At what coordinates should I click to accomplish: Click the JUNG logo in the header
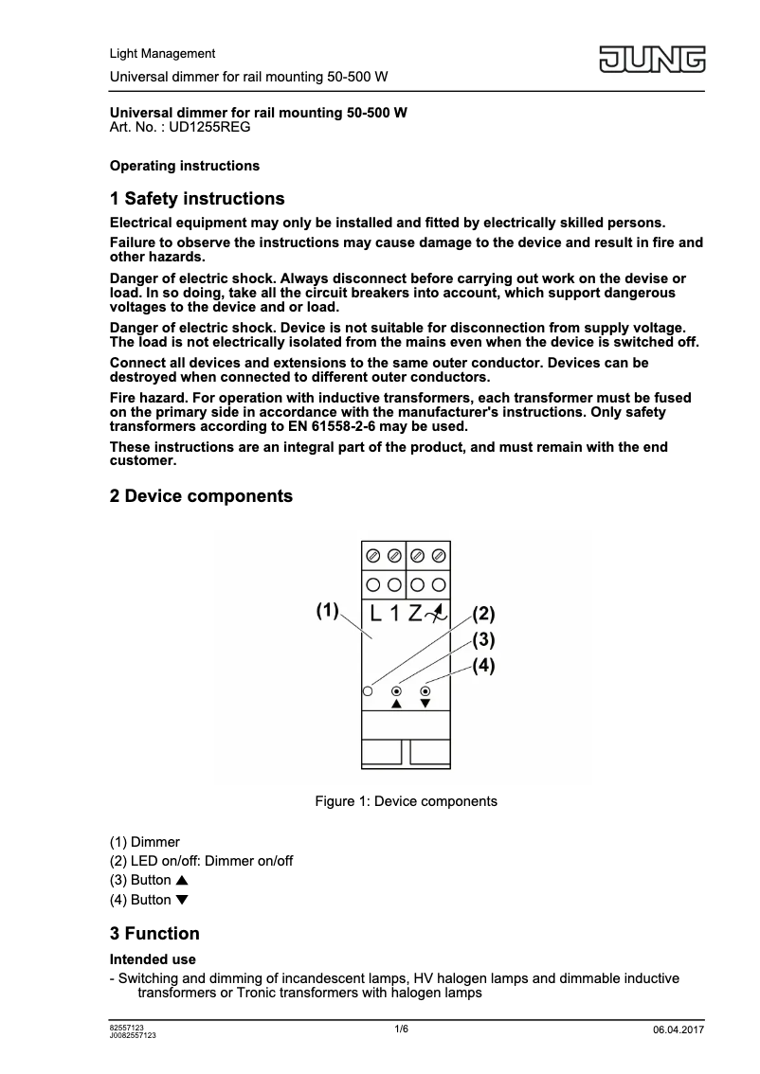pyautogui.click(x=651, y=60)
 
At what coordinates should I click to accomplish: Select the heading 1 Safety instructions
pyautogui.click(x=197, y=199)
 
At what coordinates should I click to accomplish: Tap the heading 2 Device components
pyautogui.click(x=201, y=496)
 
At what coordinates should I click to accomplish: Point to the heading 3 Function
pyautogui.click(x=154, y=934)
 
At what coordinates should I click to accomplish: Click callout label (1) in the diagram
pyautogui.click(x=327, y=609)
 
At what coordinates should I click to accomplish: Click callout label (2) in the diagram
pyautogui.click(x=483, y=613)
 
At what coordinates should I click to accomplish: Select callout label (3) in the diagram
pyautogui.click(x=483, y=639)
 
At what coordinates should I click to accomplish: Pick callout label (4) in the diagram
pyautogui.click(x=483, y=666)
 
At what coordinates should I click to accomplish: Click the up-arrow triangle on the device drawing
pyautogui.click(x=397, y=705)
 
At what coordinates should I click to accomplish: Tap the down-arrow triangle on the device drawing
pyautogui.click(x=425, y=705)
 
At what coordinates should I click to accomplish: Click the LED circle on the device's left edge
pyautogui.click(x=367, y=692)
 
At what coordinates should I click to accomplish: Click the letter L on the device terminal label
pyautogui.click(x=376, y=613)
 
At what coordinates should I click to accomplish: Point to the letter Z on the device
pyautogui.click(x=415, y=613)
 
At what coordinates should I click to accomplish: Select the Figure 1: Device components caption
pyautogui.click(x=406, y=801)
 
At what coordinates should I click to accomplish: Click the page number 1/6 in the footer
pyautogui.click(x=402, y=1029)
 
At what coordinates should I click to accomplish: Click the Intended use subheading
pyautogui.click(x=153, y=959)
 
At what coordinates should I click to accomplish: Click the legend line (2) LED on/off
pyautogui.click(x=201, y=861)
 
